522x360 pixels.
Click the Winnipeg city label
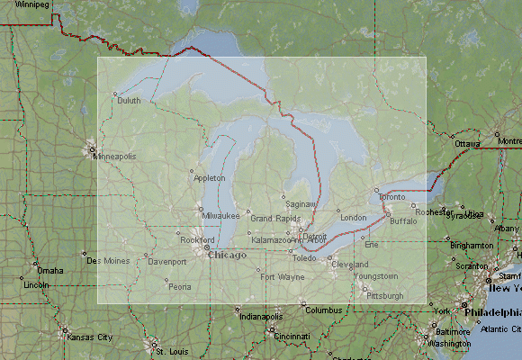[29, 4]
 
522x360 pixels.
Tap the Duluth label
[129, 101]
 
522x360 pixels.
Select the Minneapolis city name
[114, 156]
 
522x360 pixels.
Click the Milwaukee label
[220, 216]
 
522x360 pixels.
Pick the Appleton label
[210, 178]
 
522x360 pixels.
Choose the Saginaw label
[299, 203]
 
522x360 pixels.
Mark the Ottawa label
[467, 144]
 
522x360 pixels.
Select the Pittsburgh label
[385, 295]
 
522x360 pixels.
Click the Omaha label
[49, 271]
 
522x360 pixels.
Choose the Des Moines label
[106, 261]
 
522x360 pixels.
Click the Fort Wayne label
[283, 277]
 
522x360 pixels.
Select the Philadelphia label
[492, 311]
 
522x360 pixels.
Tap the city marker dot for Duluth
[114, 93]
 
